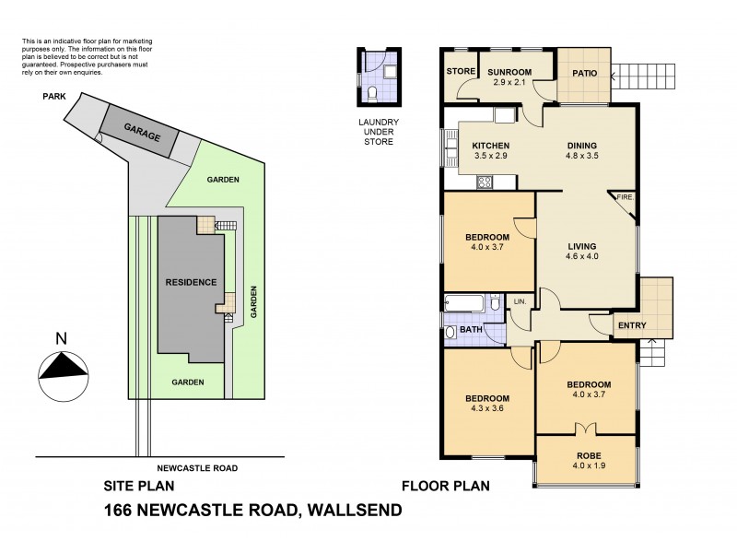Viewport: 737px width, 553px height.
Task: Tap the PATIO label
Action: [x=586, y=73]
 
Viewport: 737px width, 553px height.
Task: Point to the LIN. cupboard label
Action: [x=519, y=301]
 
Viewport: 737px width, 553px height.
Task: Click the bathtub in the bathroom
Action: [x=465, y=303]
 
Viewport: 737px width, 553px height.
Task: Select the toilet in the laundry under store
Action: [x=370, y=93]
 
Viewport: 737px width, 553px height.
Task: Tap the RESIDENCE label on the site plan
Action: [x=190, y=282]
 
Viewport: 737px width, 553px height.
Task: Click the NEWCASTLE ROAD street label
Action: [x=198, y=468]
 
